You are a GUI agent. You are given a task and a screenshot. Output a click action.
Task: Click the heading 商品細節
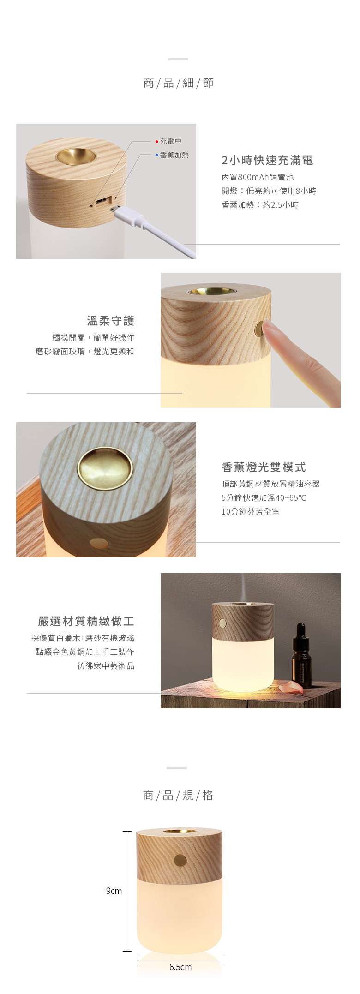point(178,83)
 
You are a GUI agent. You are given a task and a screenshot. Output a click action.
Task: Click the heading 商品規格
point(178,795)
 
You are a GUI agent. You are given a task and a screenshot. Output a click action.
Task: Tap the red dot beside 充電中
point(157,141)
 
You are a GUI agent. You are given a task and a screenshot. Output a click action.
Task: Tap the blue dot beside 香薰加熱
point(157,155)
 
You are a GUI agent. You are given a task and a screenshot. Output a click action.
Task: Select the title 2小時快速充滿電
point(267,160)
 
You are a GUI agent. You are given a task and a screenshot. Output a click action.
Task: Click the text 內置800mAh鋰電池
point(258,177)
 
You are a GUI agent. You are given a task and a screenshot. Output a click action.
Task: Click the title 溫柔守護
point(111,321)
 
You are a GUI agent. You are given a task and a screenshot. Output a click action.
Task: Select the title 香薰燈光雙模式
point(264,467)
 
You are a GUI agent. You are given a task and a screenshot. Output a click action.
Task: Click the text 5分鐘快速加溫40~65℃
point(264,498)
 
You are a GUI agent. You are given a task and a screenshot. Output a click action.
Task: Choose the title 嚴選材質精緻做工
point(86,621)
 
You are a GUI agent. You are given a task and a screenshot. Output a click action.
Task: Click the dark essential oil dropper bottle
point(301,655)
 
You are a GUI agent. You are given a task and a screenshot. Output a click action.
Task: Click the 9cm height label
point(114,891)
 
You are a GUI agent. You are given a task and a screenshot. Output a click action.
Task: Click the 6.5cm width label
point(180,967)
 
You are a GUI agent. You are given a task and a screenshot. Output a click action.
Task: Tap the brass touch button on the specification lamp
point(180,860)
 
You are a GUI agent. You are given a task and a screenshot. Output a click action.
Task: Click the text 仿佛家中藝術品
point(106,666)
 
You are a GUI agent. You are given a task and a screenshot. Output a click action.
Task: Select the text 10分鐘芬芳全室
point(251,512)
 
